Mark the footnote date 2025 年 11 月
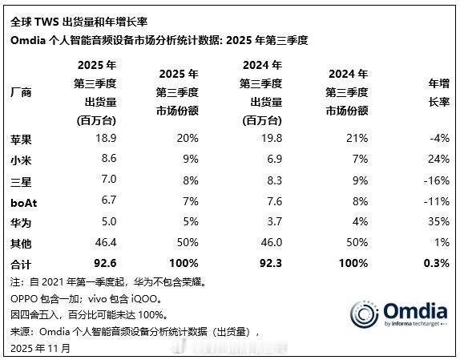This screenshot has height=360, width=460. [x=41, y=348]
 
